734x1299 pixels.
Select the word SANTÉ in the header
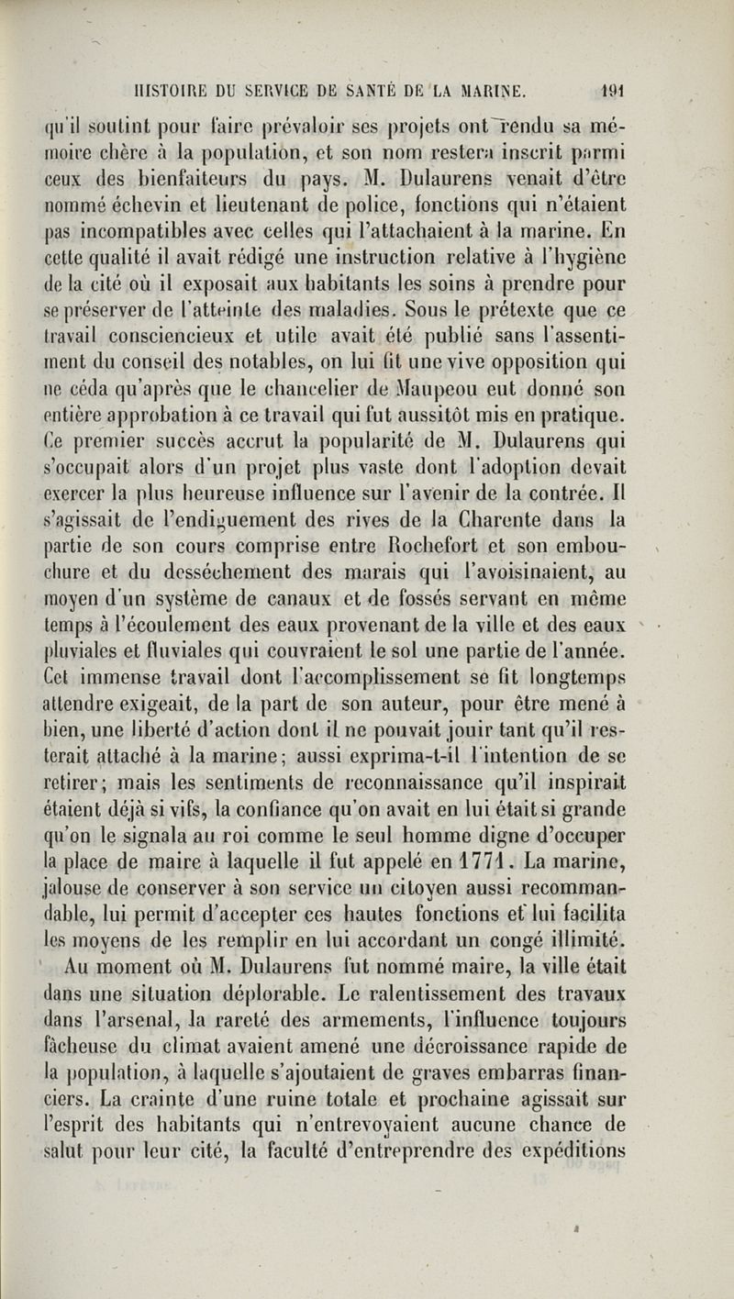(378, 91)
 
